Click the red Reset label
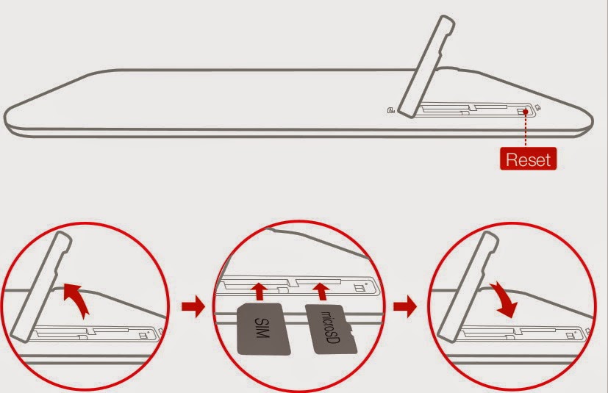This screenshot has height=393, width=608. [528, 159]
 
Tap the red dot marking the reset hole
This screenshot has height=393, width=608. [526, 112]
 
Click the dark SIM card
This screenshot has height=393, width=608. [263, 329]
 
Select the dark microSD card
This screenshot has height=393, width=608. [331, 329]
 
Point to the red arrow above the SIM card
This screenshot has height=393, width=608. [260, 292]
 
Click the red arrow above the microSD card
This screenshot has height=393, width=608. [321, 292]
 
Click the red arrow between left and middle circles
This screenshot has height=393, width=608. [193, 306]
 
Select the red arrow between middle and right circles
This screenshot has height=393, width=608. [405, 306]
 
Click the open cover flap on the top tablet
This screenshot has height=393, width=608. [426, 66]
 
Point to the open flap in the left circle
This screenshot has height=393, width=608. [40, 286]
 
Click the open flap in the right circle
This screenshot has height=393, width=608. [468, 286]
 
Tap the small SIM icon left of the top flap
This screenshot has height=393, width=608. [391, 110]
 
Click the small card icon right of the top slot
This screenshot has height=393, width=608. [538, 107]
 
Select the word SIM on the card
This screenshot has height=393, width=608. [262, 328]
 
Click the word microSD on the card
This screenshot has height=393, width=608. [331, 328]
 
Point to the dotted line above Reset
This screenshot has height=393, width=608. [526, 130]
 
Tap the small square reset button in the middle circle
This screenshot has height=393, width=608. [359, 287]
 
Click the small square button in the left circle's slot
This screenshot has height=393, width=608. [143, 335]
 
